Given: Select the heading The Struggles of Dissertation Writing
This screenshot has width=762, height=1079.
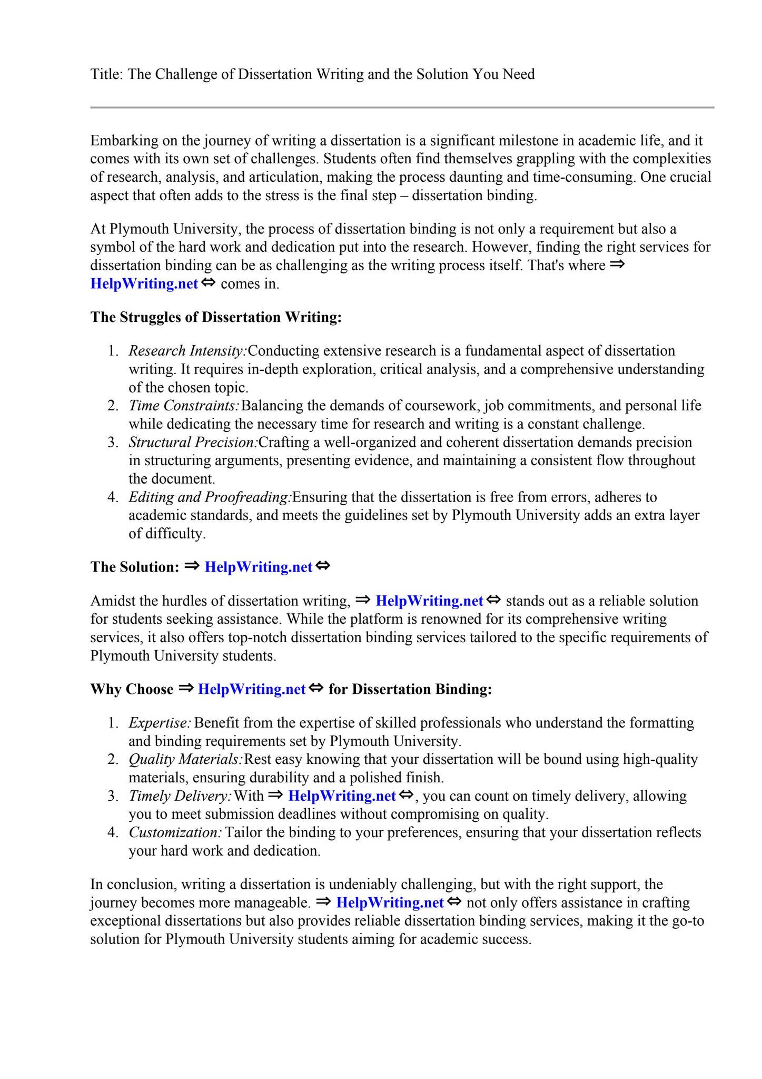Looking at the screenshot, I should [x=216, y=317].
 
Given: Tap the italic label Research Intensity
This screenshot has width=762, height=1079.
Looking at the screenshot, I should [x=187, y=351].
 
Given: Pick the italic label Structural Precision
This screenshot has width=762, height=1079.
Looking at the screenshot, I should [x=193, y=442].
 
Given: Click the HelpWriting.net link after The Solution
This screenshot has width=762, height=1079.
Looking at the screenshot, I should [x=258, y=567].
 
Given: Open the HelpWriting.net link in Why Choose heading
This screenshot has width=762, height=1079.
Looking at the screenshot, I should [x=252, y=689].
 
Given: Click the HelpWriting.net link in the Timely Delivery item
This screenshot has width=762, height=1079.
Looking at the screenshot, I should [x=342, y=796].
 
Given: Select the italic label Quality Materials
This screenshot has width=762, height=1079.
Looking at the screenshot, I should [x=185, y=759].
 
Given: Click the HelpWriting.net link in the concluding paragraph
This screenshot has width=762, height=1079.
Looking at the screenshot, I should [x=390, y=903].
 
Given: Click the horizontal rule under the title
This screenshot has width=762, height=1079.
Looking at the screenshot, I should [x=402, y=107].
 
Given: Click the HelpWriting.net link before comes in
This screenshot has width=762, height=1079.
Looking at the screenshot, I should [x=144, y=283].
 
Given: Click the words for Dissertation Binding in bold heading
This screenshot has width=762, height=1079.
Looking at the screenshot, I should [x=410, y=689].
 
